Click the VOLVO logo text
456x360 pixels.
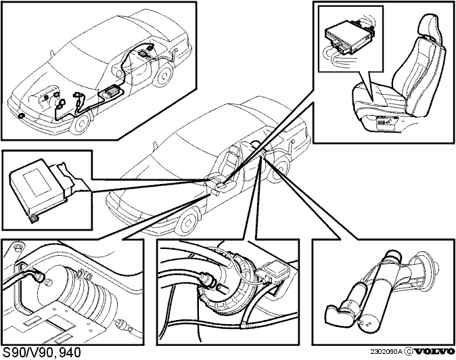coord(435,352)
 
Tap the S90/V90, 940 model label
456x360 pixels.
coord(41,352)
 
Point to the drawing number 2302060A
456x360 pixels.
coord(386,352)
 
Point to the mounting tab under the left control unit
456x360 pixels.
coord(35,218)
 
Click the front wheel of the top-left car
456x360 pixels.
coord(80,122)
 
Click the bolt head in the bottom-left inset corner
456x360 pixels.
coord(18,247)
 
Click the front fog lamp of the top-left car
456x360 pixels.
coord(22,116)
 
